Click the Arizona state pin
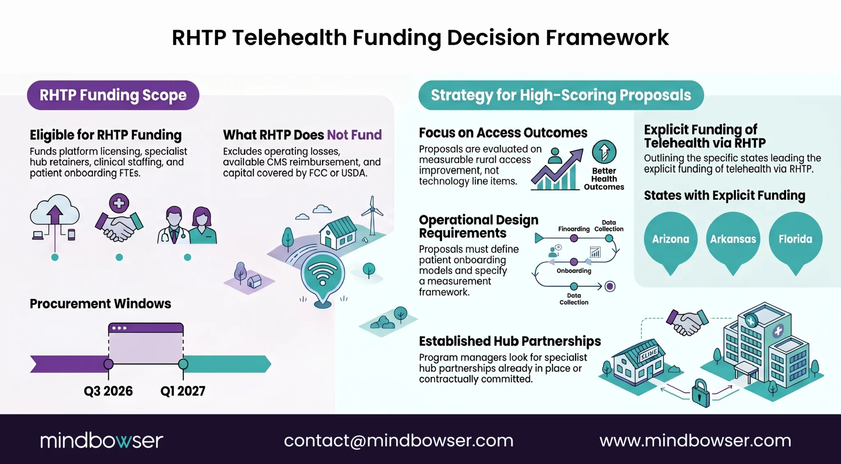(x=671, y=240)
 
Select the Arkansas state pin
(x=733, y=240)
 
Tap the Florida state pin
(x=795, y=240)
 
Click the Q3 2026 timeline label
(x=108, y=391)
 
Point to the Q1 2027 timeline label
(x=183, y=391)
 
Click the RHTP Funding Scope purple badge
(x=113, y=95)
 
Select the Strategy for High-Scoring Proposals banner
(x=561, y=95)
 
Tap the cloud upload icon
(x=55, y=218)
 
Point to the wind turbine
(x=372, y=216)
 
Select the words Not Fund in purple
(x=354, y=135)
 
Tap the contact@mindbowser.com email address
(x=399, y=441)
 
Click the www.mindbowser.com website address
(x=695, y=441)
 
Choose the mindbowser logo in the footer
(x=101, y=440)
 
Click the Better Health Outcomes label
(x=604, y=179)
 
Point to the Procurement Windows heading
(x=100, y=304)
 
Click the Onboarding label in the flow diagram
(x=574, y=271)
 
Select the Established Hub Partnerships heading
(x=510, y=341)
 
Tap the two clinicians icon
(x=187, y=225)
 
